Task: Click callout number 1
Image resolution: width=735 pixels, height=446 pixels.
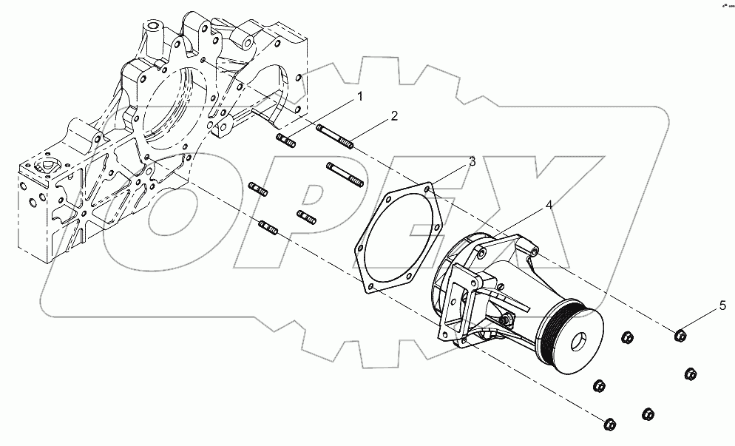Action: pyautogui.click(x=360, y=97)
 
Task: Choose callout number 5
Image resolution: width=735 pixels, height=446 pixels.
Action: pyautogui.click(x=722, y=305)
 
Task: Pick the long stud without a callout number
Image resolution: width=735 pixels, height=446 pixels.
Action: pyautogui.click(x=344, y=174)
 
